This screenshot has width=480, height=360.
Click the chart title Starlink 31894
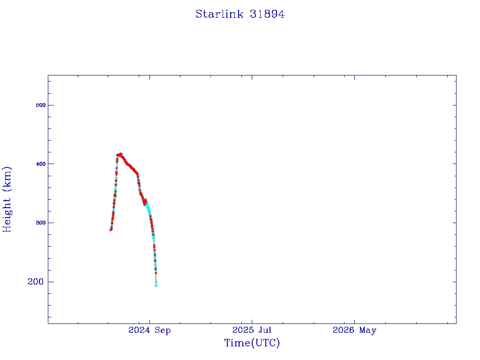click(x=240, y=14)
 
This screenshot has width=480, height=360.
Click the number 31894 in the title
click(x=267, y=14)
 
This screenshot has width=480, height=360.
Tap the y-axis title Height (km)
click(x=7, y=199)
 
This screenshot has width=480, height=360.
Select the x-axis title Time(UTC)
click(x=252, y=343)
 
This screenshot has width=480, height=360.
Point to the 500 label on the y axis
click(x=41, y=105)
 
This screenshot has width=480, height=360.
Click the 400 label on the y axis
click(x=41, y=164)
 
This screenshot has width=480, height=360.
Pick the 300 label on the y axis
click(x=41, y=223)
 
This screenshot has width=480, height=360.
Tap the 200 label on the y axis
click(x=36, y=282)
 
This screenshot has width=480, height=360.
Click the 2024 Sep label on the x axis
click(x=150, y=330)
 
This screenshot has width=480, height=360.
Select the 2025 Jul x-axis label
click(x=252, y=330)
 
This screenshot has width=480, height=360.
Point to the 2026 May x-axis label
click(x=354, y=330)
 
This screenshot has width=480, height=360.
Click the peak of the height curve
click(x=121, y=154)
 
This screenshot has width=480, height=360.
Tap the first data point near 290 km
click(x=111, y=230)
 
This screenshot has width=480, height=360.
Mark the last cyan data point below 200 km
click(x=156, y=285)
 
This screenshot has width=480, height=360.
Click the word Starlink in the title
click(x=219, y=14)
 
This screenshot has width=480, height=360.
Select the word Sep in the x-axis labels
click(x=163, y=330)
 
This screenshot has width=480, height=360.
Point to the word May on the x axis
click(x=367, y=330)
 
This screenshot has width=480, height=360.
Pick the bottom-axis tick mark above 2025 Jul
click(x=252, y=322)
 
